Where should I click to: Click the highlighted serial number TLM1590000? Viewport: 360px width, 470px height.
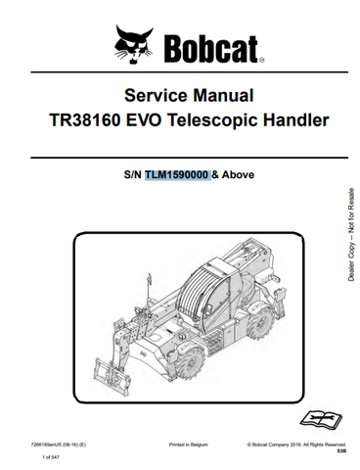pos(177,176)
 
